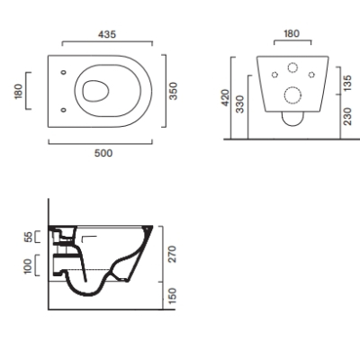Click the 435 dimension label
(x=107, y=34)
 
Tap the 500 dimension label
(x=103, y=153)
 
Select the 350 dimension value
(x=173, y=91)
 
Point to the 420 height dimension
(x=225, y=97)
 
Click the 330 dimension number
(x=240, y=104)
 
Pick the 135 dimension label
(x=347, y=84)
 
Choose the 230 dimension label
(x=347, y=116)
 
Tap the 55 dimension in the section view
(x=28, y=237)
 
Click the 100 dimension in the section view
(x=27, y=266)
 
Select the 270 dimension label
(x=172, y=254)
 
